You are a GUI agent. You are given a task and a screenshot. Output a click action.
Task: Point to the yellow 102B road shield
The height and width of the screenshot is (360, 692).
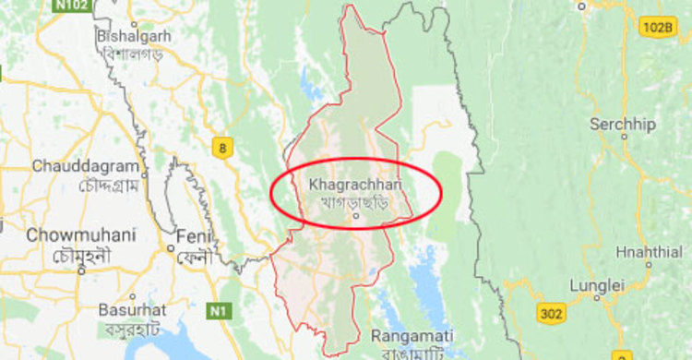[x=656, y=28]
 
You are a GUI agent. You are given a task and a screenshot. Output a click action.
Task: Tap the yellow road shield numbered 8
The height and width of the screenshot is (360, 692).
[x=221, y=147]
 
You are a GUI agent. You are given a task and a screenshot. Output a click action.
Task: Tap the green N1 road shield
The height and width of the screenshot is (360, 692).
[x=219, y=309]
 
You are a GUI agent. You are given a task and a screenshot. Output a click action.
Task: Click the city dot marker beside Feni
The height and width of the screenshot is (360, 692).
[x=172, y=246]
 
